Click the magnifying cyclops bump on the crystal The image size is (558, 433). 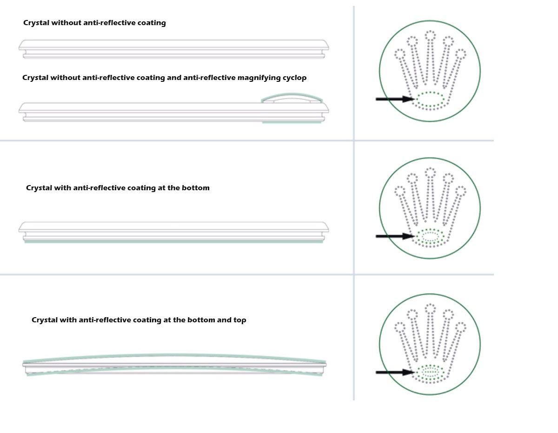click(x=292, y=97)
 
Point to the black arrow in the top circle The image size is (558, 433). click(x=395, y=99)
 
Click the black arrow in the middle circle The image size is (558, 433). click(x=395, y=236)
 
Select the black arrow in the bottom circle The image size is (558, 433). click(x=395, y=372)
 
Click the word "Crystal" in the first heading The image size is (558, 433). click(x=36, y=23)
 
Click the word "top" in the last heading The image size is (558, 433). click(x=240, y=320)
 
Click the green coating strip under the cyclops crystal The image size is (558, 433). click(x=292, y=122)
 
